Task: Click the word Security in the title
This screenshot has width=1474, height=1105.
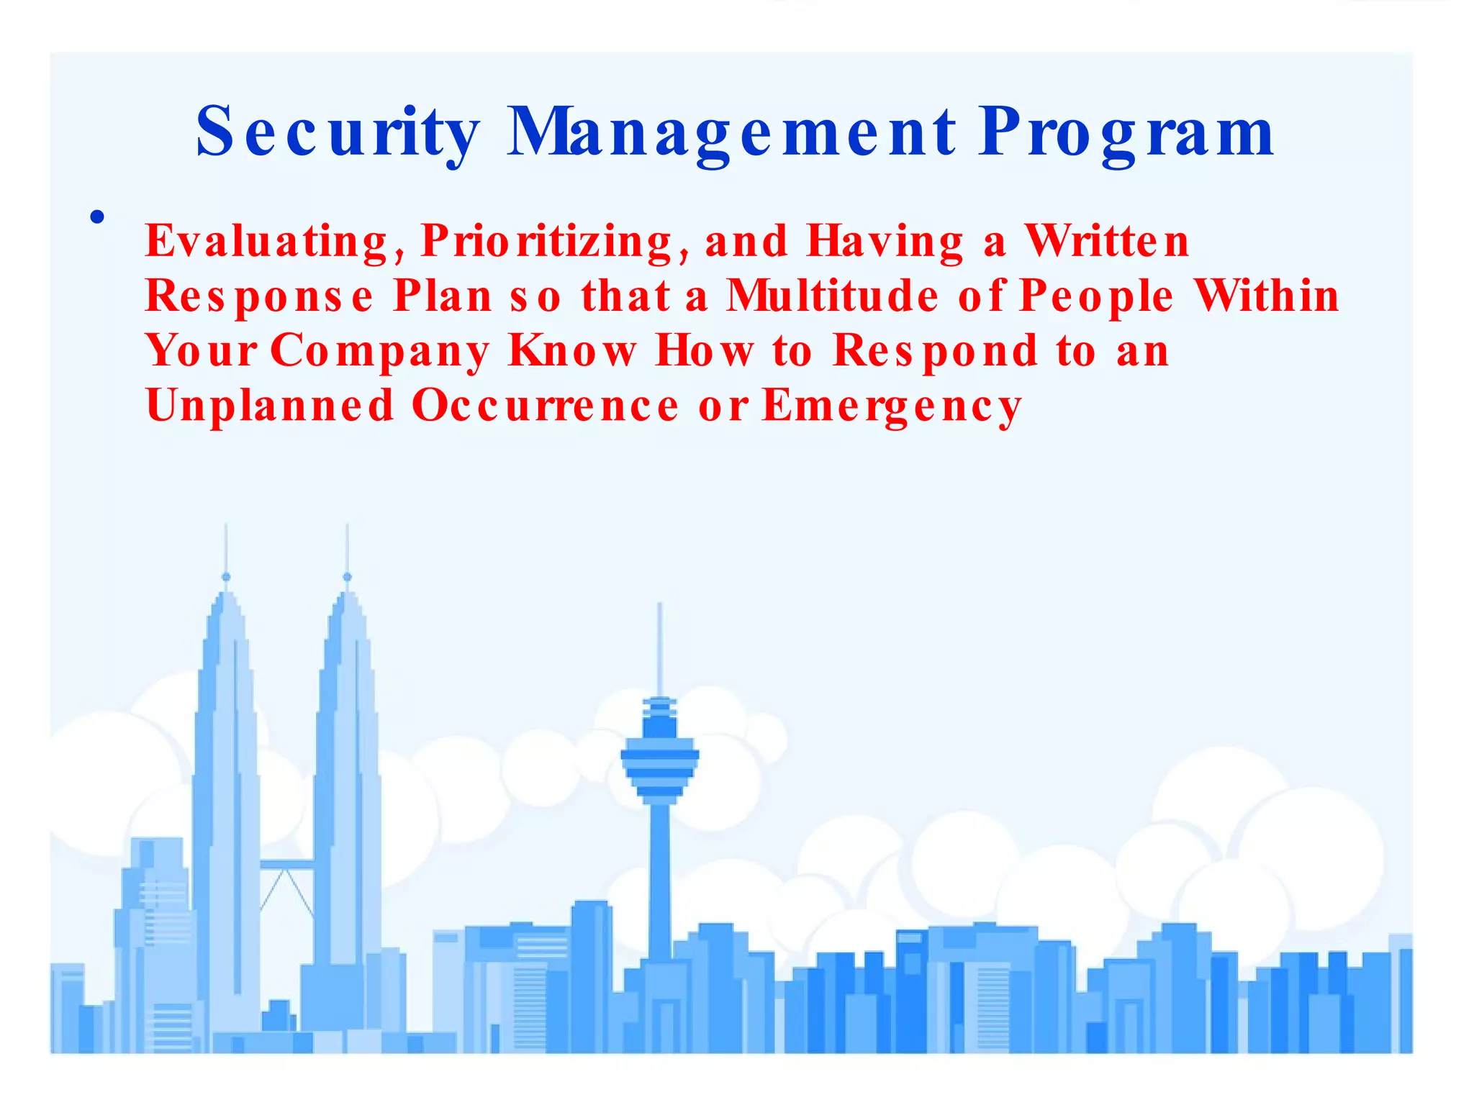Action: [x=338, y=133]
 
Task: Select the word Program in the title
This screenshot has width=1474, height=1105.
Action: [x=1126, y=133]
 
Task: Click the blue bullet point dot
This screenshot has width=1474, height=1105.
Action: [x=98, y=217]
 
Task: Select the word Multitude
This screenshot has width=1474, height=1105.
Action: [x=832, y=296]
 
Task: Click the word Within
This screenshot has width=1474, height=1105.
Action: [x=1266, y=296]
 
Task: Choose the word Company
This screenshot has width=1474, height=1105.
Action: [x=379, y=353]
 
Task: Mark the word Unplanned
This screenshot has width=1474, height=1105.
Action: [x=270, y=407]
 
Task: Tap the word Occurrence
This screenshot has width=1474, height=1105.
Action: [x=545, y=406]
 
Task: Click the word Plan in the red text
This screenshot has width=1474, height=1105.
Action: [x=442, y=296]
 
